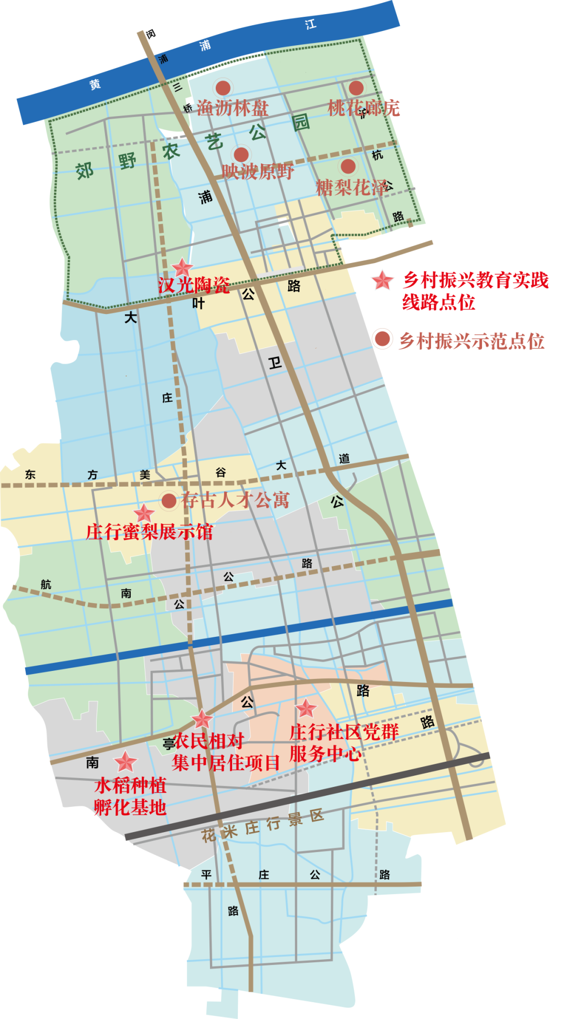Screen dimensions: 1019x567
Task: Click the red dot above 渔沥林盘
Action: click(223, 88)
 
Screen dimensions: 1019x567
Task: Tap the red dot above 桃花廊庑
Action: click(356, 88)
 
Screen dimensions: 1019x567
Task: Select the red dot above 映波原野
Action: click(241, 154)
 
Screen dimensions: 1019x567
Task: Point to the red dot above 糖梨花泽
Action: click(348, 166)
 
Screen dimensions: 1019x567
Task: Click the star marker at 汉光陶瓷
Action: click(183, 268)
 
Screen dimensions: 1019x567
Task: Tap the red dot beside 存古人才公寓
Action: click(169, 501)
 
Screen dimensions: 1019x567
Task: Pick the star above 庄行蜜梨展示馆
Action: click(143, 513)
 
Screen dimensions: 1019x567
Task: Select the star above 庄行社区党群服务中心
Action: click(306, 709)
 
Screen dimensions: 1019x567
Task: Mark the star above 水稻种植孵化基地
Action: click(126, 762)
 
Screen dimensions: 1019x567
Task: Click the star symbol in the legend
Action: click(383, 280)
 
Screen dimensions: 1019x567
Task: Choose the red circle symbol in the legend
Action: click(382, 339)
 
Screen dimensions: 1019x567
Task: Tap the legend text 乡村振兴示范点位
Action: click(471, 341)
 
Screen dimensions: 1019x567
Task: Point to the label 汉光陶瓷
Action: click(194, 285)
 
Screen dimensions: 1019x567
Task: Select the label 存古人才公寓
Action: click(235, 500)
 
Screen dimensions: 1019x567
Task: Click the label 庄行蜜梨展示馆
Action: click(150, 532)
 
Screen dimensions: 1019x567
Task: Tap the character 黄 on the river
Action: click(94, 84)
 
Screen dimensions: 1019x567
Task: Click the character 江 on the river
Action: click(311, 24)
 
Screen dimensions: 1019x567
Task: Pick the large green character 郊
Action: click(85, 171)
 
